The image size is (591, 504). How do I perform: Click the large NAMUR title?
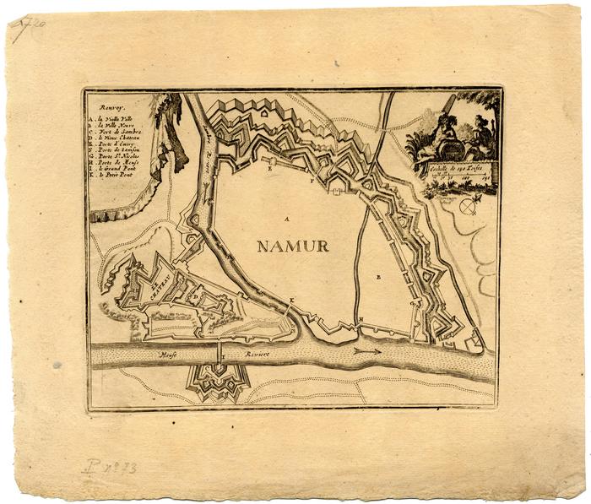[x=293, y=247]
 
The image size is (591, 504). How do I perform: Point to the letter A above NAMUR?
[x=286, y=219]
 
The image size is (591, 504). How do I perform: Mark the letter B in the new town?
[x=379, y=277]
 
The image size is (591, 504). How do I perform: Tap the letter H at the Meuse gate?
[x=361, y=319]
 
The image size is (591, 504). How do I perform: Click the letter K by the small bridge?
[x=292, y=301]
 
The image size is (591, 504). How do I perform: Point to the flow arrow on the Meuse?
[x=367, y=350]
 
